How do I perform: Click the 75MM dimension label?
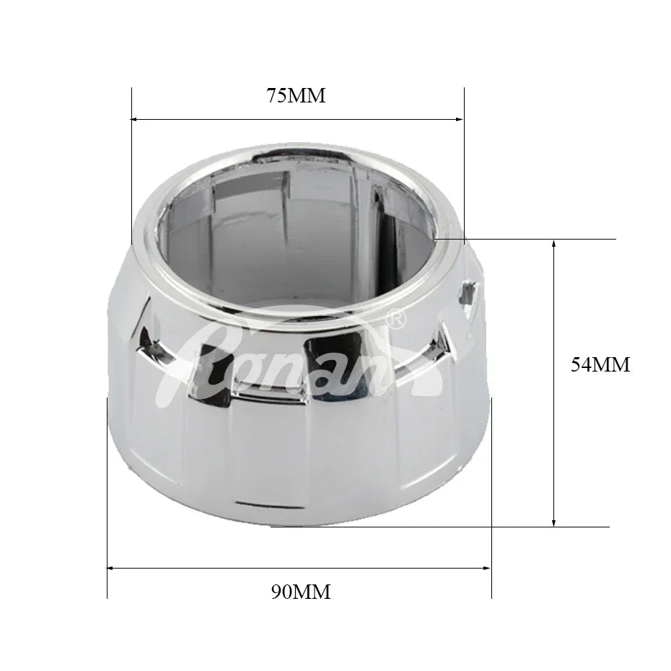click(297, 95)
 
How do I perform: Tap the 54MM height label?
click(600, 365)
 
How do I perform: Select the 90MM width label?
click(301, 592)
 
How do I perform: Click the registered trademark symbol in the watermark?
click(396, 317)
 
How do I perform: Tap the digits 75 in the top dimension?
click(278, 95)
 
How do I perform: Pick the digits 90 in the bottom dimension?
click(282, 592)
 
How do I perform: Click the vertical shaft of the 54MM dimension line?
click(553, 433)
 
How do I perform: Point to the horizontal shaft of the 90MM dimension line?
click(216, 569)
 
